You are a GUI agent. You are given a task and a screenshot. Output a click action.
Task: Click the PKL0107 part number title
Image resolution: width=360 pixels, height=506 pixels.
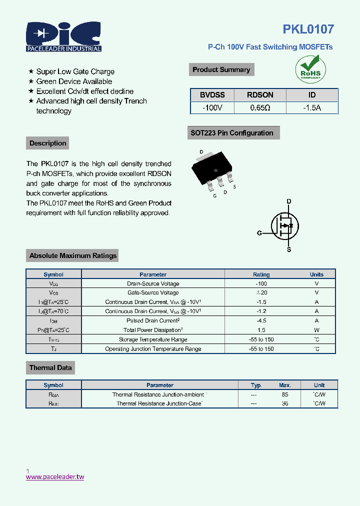[x=308, y=29]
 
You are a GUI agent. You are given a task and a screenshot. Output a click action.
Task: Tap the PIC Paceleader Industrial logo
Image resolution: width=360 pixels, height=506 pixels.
[x=64, y=36]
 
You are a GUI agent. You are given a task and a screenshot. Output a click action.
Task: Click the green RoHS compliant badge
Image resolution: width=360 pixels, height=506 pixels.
[x=310, y=69]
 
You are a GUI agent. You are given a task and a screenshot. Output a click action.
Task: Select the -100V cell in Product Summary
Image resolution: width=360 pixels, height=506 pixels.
[x=212, y=107]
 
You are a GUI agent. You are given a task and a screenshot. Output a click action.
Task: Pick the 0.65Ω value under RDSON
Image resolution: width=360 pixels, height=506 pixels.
[x=260, y=107]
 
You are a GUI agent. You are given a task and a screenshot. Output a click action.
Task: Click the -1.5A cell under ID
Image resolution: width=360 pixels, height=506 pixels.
[x=312, y=107]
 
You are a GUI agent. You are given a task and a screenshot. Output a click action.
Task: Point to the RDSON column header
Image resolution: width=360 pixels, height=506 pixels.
[x=260, y=95]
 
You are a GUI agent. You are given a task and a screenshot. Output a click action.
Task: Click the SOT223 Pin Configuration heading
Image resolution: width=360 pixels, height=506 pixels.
[x=232, y=133]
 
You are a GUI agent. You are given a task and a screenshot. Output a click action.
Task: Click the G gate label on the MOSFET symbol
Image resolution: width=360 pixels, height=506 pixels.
[x=259, y=233]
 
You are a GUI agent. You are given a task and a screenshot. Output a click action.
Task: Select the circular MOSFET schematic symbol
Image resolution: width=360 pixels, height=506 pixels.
[x=284, y=225]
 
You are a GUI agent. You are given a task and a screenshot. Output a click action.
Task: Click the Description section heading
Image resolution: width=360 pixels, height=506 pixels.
[x=47, y=143]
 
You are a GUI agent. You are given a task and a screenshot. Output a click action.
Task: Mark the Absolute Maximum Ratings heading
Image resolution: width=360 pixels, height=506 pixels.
[x=72, y=255]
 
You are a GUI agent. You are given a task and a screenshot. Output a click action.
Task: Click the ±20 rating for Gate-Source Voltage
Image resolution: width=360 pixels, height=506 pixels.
[x=261, y=292]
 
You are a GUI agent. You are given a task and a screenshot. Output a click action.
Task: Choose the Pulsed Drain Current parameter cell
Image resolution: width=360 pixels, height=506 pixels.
[x=153, y=320]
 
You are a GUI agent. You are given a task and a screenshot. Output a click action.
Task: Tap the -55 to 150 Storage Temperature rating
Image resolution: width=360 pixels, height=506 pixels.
[x=261, y=339]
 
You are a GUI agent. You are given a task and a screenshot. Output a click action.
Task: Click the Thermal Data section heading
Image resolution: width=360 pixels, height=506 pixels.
[x=50, y=368]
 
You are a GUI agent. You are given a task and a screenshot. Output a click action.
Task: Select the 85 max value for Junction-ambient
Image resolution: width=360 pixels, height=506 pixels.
[x=285, y=394]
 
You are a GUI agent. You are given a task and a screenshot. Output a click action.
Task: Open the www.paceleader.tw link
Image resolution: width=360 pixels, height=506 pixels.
[x=55, y=477]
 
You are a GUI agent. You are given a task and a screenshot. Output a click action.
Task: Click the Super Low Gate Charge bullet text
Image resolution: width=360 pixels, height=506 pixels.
[x=75, y=71]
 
